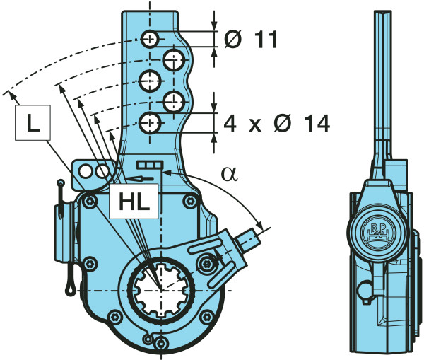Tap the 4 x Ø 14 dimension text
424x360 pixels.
[x=276, y=124]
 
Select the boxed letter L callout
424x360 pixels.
[x=33, y=123]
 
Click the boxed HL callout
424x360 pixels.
[x=133, y=202]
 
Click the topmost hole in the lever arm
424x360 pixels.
[x=149, y=39]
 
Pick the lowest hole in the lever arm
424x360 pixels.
[x=150, y=124]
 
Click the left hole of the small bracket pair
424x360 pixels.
[x=86, y=171]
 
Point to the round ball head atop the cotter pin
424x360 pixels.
[x=62, y=185]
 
